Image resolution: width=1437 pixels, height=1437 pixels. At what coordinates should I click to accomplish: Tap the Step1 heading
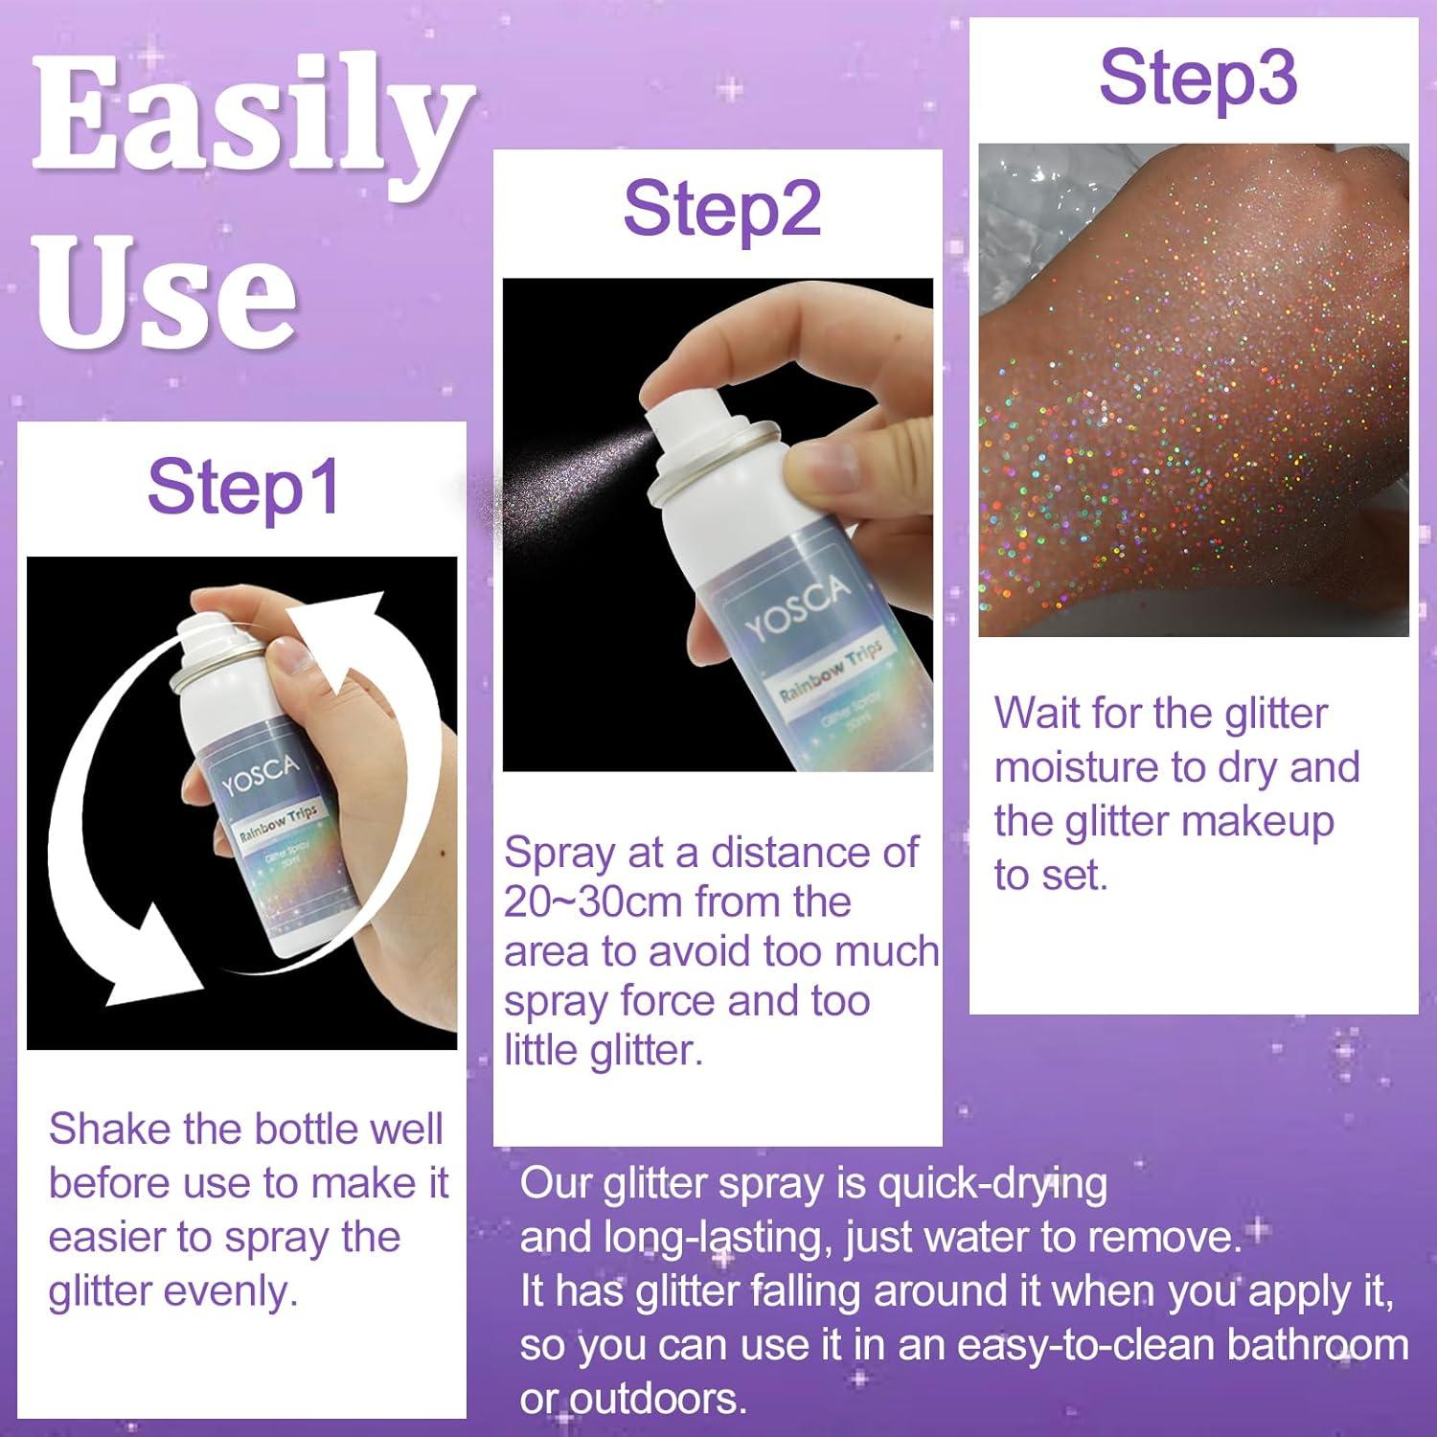(243, 488)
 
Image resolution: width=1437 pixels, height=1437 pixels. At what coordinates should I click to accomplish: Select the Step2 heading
(721, 210)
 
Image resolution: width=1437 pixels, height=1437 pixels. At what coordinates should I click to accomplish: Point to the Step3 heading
(1197, 78)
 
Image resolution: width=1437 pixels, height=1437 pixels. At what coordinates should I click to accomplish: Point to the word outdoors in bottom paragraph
(647, 1399)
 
